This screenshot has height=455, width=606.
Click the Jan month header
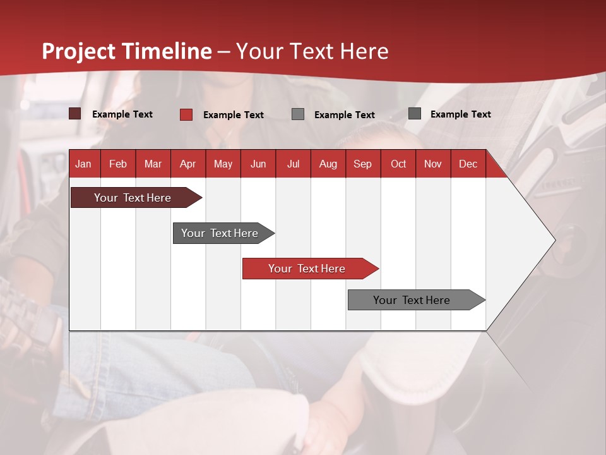(x=83, y=164)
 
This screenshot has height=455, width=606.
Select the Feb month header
(x=118, y=164)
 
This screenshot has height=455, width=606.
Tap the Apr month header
(x=187, y=164)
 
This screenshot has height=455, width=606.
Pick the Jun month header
(x=258, y=164)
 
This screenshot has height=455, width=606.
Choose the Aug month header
(x=328, y=164)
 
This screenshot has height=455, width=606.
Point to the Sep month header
(x=362, y=164)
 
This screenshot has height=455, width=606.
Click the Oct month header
(x=398, y=164)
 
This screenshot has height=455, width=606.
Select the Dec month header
(x=468, y=164)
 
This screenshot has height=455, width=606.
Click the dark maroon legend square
(x=75, y=114)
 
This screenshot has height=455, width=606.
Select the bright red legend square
(x=186, y=114)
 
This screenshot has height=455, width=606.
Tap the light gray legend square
(x=298, y=114)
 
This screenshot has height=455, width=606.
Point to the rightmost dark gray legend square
(x=415, y=114)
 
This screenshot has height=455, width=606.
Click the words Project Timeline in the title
(x=127, y=51)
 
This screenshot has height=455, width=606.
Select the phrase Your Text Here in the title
(x=312, y=51)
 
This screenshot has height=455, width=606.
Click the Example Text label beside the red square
(x=234, y=115)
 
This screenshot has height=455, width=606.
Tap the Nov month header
(x=433, y=164)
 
